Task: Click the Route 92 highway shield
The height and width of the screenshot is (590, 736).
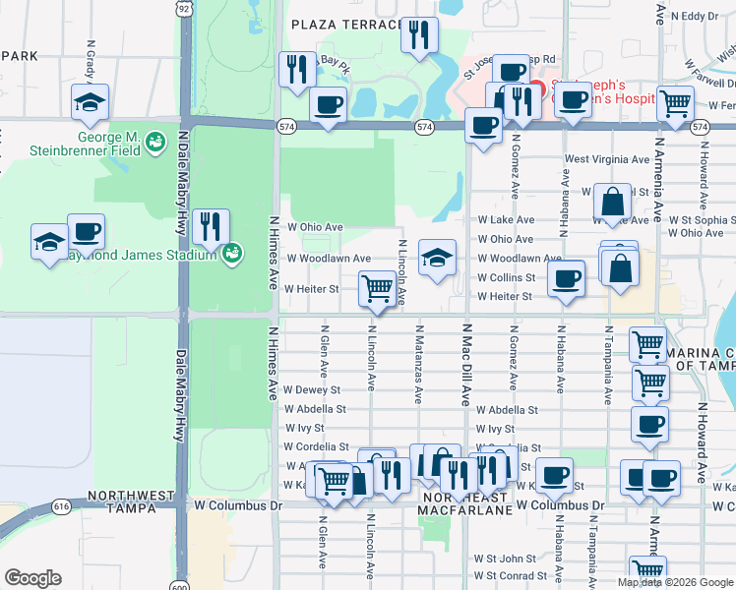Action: pyautogui.click(x=185, y=8)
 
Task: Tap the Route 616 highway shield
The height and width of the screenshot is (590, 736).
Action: pyautogui.click(x=61, y=505)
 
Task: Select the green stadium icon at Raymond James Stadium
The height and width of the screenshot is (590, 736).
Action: pyautogui.click(x=231, y=256)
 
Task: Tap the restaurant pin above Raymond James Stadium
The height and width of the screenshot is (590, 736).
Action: pyautogui.click(x=211, y=227)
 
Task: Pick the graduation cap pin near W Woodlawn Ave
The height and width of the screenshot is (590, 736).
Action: pyautogui.click(x=437, y=258)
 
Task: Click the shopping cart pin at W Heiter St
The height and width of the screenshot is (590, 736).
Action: pyautogui.click(x=377, y=289)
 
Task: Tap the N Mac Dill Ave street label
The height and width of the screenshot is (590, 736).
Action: pyautogui.click(x=467, y=365)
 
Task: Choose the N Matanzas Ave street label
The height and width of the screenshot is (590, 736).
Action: pyautogui.click(x=418, y=365)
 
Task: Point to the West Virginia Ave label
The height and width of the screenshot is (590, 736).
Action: pyautogui.click(x=606, y=159)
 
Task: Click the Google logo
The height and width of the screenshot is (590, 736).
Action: pyautogui.click(x=33, y=578)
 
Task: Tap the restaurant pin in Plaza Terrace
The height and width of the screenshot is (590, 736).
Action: pyautogui.click(x=421, y=36)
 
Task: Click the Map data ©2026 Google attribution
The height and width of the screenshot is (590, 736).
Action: pyautogui.click(x=675, y=582)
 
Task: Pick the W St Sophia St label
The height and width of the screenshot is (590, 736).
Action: pyautogui.click(x=701, y=220)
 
